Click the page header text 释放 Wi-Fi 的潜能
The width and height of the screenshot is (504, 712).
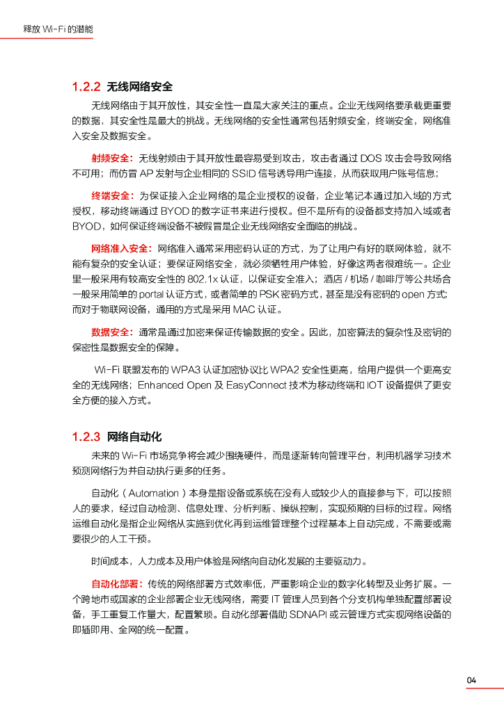[58, 30]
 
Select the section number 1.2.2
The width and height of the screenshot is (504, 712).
[86, 87]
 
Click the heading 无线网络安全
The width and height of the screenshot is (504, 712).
[139, 87]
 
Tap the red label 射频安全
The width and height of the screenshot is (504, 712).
[112, 159]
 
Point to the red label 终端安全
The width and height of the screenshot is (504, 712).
[112, 195]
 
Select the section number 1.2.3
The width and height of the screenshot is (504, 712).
[86, 437]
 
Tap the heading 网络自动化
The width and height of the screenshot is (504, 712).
[134, 437]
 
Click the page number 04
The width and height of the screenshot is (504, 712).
[472, 680]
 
